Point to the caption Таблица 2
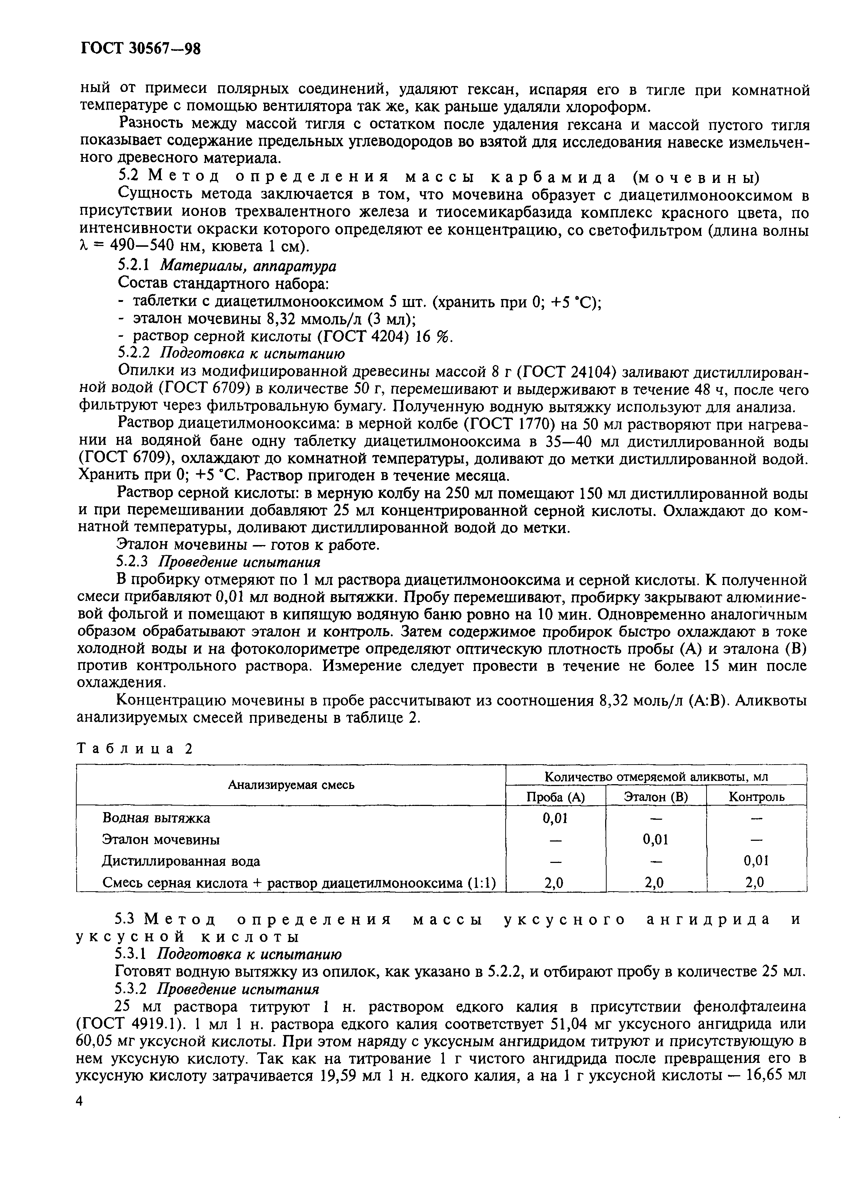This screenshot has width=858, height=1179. pos(134,749)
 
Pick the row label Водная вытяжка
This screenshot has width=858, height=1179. pos(156,818)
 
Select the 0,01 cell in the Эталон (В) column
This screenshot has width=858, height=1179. pos(656,840)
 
